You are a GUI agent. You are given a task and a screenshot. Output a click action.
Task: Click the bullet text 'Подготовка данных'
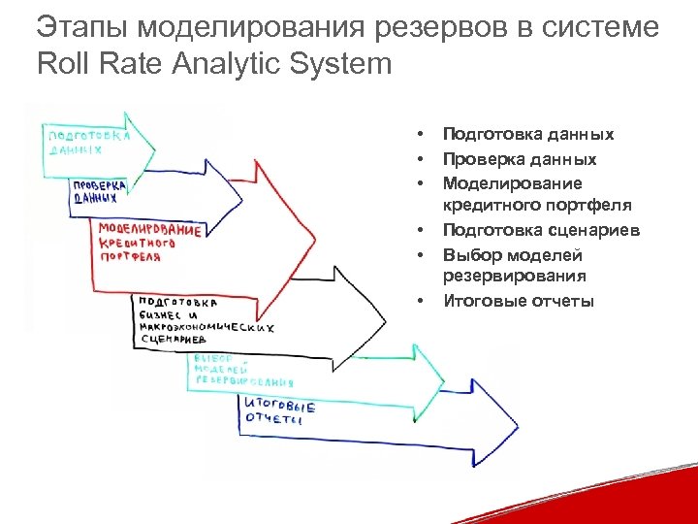point(527,135)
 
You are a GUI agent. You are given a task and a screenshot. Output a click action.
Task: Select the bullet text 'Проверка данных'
point(520,159)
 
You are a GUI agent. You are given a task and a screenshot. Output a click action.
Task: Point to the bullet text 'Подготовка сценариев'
point(541,230)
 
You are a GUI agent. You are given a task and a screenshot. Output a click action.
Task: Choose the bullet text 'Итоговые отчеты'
point(518,301)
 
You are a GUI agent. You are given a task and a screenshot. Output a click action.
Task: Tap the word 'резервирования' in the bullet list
point(514,277)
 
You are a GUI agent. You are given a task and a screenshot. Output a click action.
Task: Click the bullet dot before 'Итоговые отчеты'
point(422,301)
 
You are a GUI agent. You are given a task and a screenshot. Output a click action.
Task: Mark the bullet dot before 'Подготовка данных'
point(422,135)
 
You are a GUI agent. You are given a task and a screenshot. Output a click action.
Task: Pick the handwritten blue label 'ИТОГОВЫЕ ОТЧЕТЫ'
point(278,412)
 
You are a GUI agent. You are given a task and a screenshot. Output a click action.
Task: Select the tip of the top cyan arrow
point(156,146)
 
